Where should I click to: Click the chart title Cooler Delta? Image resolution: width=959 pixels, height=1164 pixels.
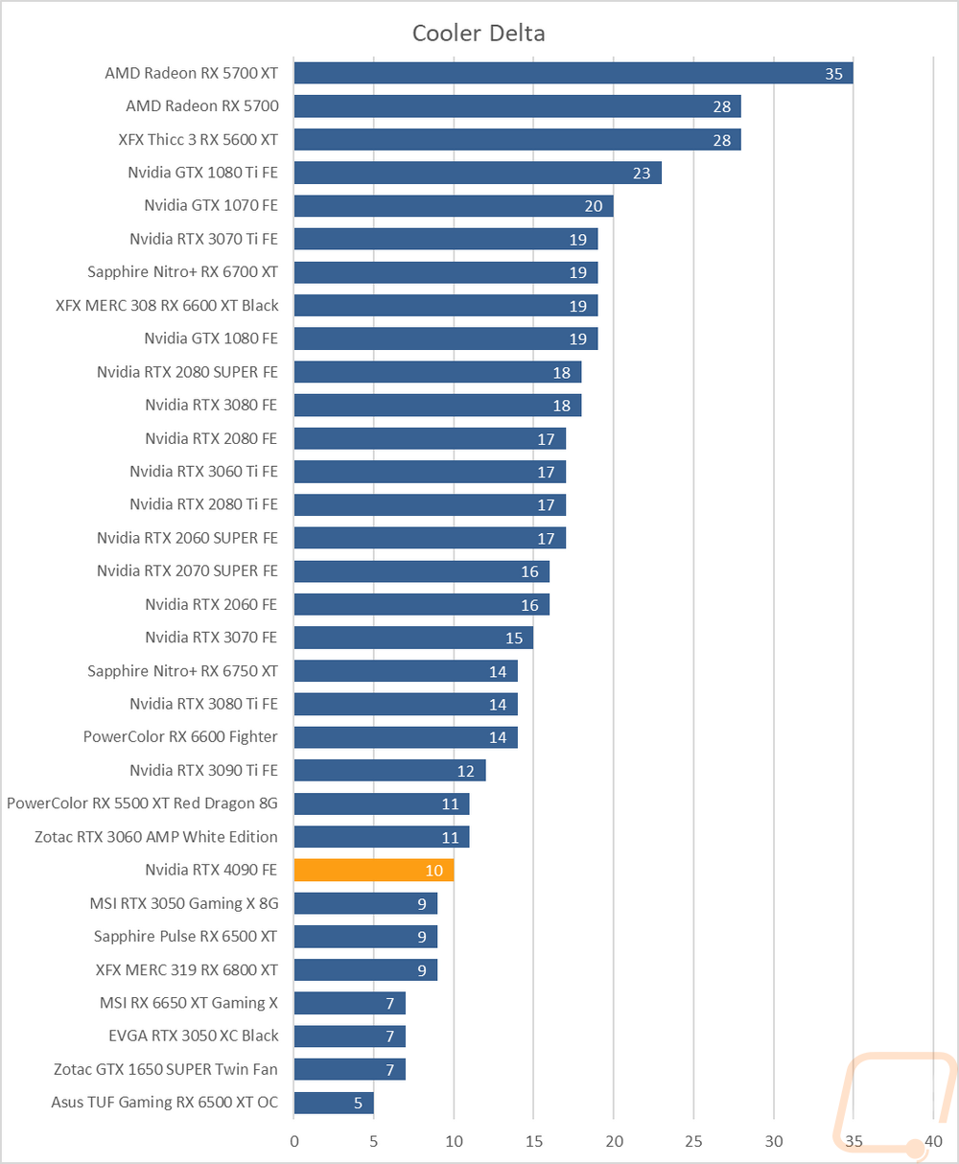479,34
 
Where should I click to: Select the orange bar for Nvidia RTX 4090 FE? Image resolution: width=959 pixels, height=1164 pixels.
374,871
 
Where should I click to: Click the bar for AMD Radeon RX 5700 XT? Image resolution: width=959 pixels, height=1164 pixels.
573,73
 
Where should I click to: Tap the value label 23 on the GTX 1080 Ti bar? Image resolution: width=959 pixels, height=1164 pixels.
642,174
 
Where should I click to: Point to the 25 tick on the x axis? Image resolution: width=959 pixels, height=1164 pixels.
693,1142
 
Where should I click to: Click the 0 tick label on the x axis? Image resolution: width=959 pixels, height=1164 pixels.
294,1142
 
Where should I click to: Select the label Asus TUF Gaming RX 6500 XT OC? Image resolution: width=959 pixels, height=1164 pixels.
165,1103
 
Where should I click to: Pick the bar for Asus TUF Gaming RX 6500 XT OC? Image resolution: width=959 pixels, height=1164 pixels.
334,1103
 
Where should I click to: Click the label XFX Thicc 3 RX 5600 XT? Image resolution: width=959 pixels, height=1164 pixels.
198,139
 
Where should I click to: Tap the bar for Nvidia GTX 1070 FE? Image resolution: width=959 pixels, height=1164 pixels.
454,206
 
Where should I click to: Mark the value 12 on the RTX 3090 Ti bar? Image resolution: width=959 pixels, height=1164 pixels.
465,771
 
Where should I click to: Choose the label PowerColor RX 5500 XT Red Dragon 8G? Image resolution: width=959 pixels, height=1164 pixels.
142,803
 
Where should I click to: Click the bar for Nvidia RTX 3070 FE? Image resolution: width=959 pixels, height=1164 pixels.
413,638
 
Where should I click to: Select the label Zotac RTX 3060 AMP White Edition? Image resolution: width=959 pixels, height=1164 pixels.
156,837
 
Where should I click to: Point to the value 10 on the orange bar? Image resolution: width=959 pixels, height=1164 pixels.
433,871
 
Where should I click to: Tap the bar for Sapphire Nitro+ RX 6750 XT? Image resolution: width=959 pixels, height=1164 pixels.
406,670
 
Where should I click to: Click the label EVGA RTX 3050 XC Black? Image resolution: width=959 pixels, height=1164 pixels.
194,1036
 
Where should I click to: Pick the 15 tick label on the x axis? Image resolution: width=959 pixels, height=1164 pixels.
533,1142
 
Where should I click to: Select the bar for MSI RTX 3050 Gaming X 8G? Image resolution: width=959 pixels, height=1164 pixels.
365,903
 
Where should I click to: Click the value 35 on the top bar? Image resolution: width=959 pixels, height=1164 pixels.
833,74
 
